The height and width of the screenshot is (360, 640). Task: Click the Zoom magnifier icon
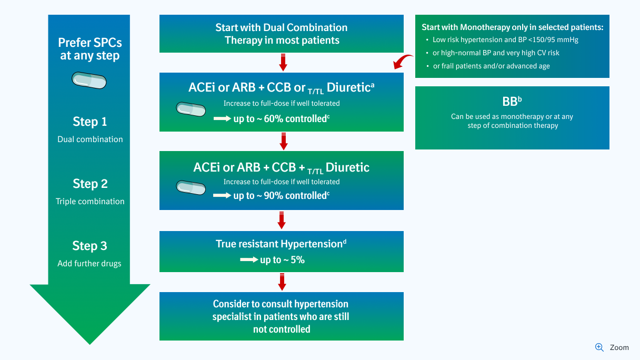pos(599,347)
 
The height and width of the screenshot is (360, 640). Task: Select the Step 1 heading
pos(89,122)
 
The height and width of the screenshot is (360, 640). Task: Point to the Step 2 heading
pos(89,184)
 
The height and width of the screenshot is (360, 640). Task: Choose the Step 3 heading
pos(89,246)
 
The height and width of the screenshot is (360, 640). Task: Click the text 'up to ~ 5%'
pos(282,260)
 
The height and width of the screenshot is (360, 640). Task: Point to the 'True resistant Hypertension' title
pos(281,244)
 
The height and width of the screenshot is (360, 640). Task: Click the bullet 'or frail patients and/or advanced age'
pos(491,66)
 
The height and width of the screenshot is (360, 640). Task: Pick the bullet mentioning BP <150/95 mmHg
pos(505,40)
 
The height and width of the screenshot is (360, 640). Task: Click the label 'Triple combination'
pos(90,202)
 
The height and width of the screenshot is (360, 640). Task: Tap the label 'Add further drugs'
pos(89,263)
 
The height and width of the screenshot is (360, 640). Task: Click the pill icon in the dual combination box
pos(191,109)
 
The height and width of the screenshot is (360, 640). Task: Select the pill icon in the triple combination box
pos(191,187)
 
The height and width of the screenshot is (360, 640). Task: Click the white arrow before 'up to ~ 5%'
pos(248,260)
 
